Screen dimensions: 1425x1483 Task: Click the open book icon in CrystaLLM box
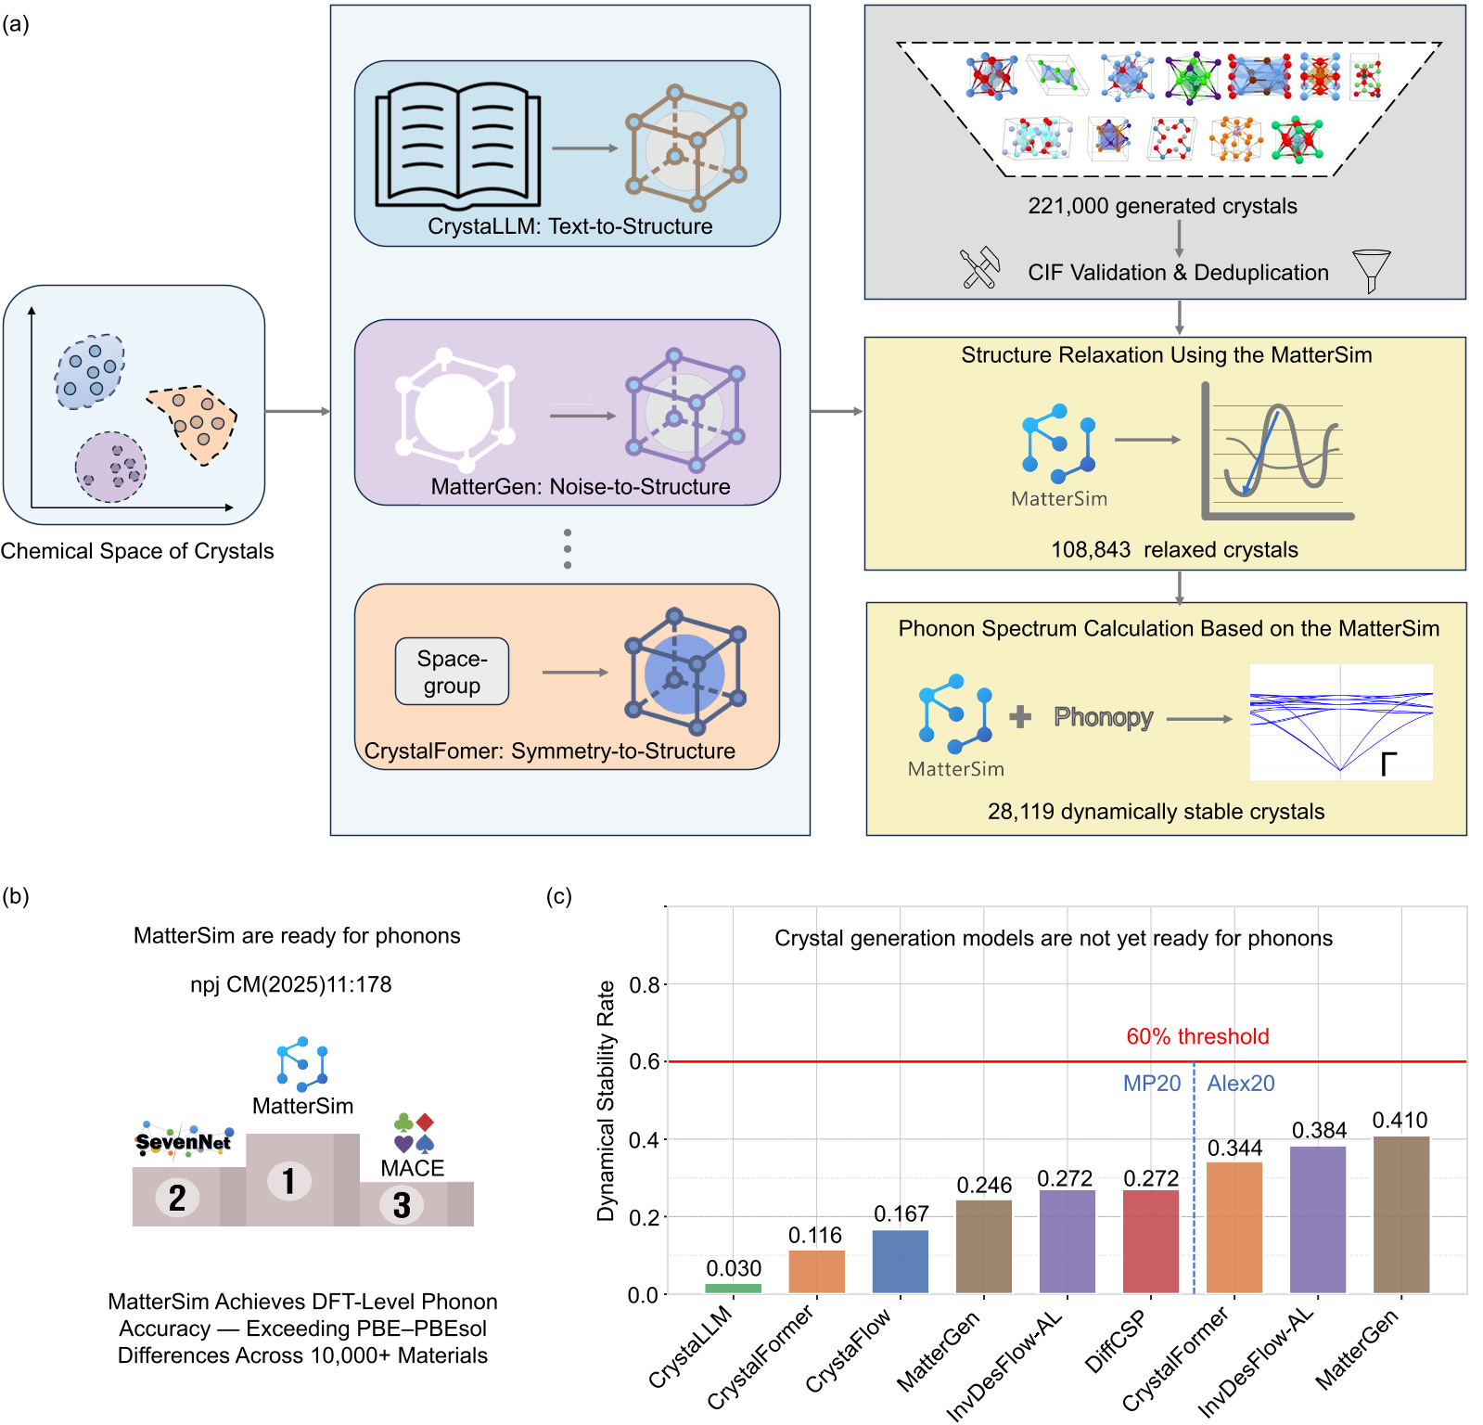[x=457, y=147]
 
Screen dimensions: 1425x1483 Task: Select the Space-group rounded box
[x=452, y=672]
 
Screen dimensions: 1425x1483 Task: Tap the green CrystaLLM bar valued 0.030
[x=733, y=1288]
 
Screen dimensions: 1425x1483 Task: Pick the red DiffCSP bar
[x=1150, y=1241]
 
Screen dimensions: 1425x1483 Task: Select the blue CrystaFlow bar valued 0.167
[x=900, y=1262]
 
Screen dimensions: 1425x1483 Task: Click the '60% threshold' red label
[x=1197, y=1036]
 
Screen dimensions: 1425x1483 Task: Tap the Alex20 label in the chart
[x=1241, y=1083]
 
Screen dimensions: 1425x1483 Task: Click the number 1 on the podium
[x=288, y=1181]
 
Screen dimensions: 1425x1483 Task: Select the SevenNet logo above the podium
[x=183, y=1141]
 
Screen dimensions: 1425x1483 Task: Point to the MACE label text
[x=413, y=1168]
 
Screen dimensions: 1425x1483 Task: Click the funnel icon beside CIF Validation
[x=1371, y=270]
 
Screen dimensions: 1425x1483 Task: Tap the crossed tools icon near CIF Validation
[x=979, y=269]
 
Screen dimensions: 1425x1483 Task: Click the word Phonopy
[x=1103, y=717]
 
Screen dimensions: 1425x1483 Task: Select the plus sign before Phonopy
[x=1020, y=716]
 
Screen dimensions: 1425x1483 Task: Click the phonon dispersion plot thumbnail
[x=1340, y=722]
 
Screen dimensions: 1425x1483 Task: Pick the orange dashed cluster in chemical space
[x=194, y=422]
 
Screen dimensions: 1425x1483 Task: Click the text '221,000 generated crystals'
[x=1162, y=206]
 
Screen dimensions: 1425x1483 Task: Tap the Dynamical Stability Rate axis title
[x=606, y=1100]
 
